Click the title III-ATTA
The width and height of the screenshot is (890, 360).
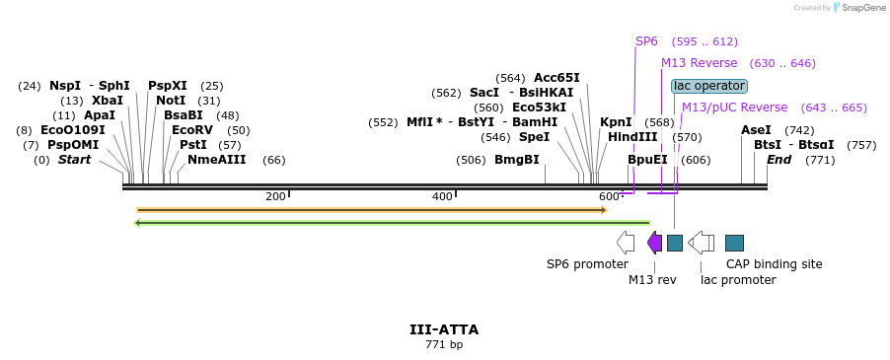[x=444, y=329]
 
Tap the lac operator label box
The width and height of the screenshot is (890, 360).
[x=708, y=86]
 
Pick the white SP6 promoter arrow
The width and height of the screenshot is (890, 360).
[x=626, y=243]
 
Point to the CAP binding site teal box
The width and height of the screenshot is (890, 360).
[x=734, y=243]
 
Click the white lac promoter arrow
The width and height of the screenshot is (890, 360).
[x=702, y=243]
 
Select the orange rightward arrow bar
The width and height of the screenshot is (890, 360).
[x=371, y=209]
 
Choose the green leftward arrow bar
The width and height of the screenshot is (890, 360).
[x=392, y=223]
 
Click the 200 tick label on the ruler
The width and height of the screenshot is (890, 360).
[x=275, y=196]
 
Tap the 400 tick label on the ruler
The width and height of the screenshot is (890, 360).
[x=442, y=196]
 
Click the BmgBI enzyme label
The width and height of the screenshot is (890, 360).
[x=517, y=160]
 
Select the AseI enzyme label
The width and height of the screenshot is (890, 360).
[x=756, y=130]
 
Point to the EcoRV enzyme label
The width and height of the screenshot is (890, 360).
[x=191, y=130]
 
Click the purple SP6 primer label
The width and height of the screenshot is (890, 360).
[x=646, y=41]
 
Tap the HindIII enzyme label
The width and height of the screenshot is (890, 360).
[x=632, y=137]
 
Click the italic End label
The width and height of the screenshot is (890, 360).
[x=779, y=160]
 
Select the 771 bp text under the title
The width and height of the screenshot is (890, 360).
[x=444, y=345]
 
